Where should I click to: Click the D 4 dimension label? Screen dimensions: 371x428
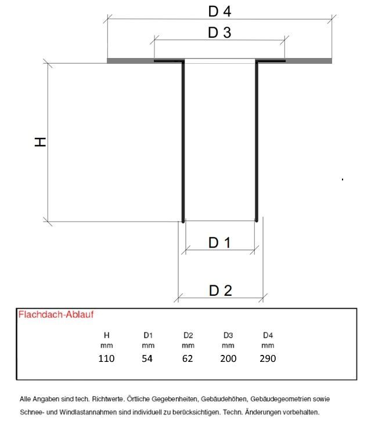coord(219,12)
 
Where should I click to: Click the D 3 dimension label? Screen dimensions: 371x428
coord(219,32)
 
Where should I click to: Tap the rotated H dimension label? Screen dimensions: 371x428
coord(40,142)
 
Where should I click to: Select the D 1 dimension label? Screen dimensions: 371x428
coord(219,242)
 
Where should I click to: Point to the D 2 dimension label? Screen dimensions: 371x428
coord(221,291)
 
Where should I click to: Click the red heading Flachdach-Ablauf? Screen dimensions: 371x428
coord(56,314)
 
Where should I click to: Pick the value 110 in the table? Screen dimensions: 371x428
coord(106,358)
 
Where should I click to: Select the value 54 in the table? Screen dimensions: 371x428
coord(147,358)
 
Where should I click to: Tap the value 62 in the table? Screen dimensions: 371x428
coord(188,358)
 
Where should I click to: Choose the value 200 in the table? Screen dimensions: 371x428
coord(228,358)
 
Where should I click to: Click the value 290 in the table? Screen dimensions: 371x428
coord(268,358)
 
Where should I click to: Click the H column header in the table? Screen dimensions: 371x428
coord(107,335)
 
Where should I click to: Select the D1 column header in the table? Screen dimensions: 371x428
coord(148,335)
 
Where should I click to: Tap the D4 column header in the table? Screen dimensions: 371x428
coord(268,335)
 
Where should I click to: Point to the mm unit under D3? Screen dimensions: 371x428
coord(228,346)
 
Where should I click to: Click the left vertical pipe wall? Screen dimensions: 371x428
coord(183,142)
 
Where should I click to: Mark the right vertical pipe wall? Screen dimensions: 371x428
coord(257,142)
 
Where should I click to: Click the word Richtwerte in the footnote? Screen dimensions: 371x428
coord(108,399)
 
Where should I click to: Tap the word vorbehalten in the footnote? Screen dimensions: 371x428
coord(302,412)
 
